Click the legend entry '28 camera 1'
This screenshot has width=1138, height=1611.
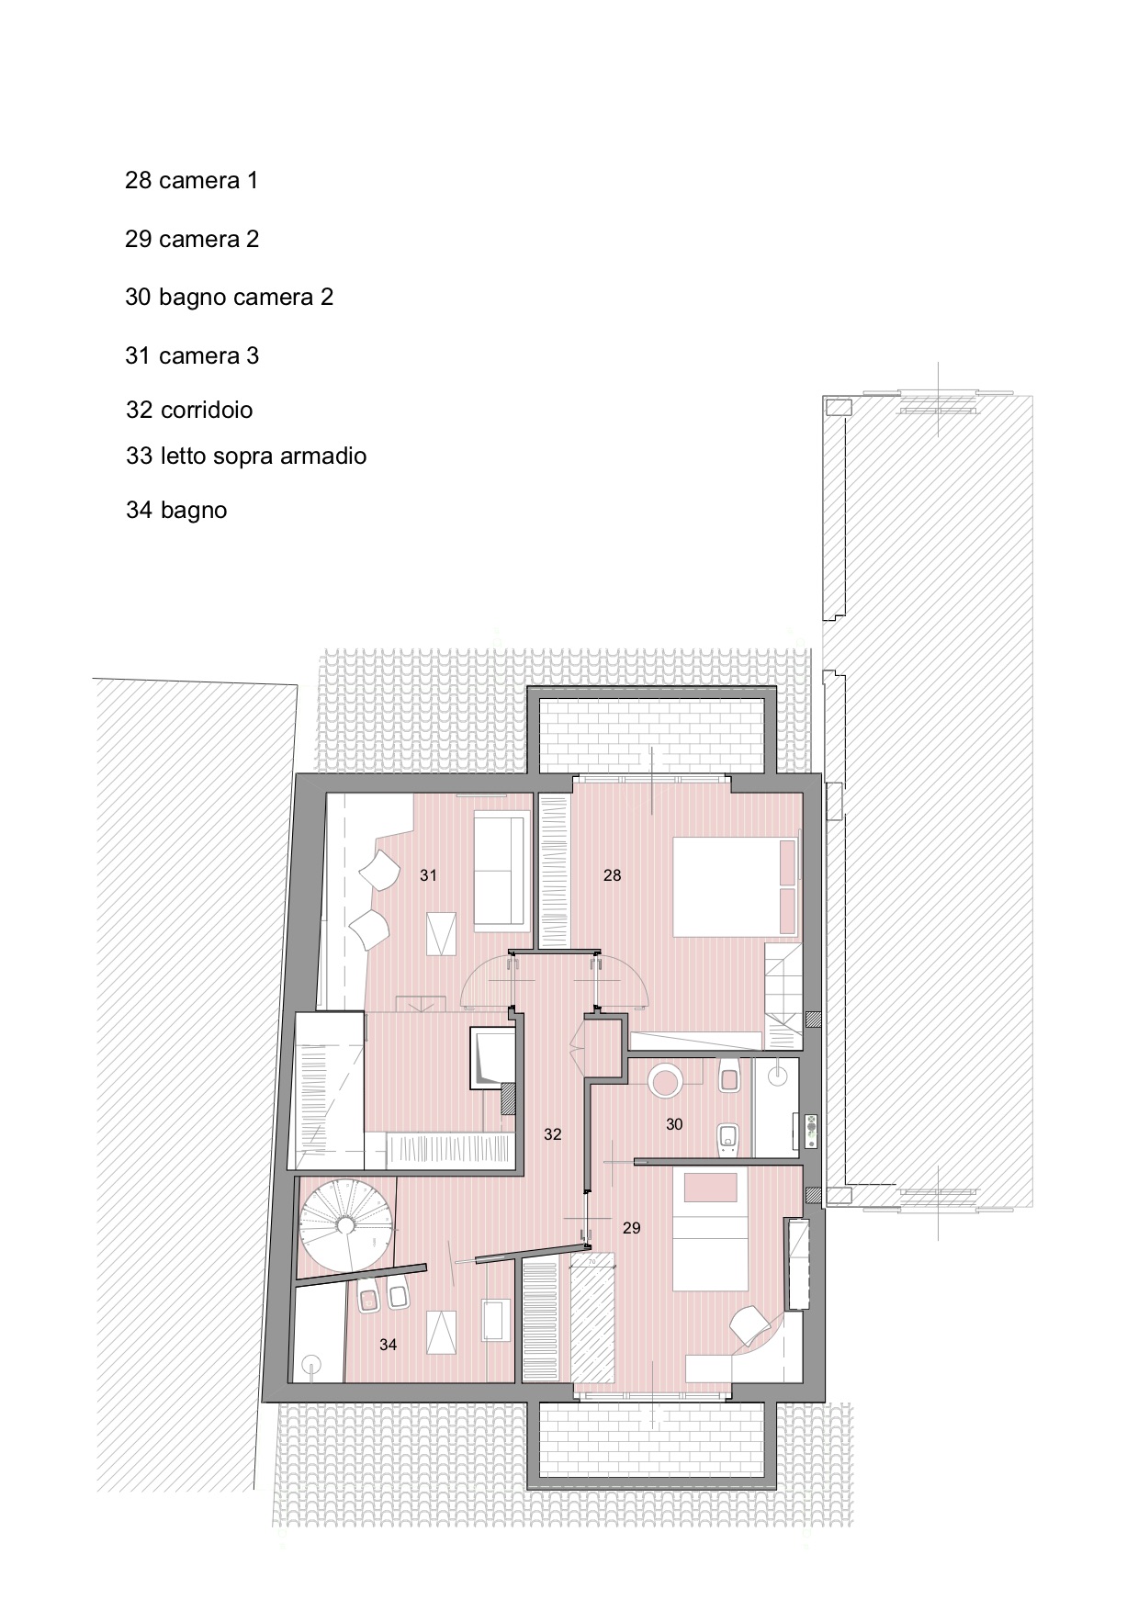tap(191, 180)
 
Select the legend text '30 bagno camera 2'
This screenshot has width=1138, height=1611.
tap(229, 297)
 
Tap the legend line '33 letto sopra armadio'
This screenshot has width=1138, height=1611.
tap(246, 456)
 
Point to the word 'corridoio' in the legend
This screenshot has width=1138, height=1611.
tap(207, 410)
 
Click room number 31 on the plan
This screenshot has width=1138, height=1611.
tap(428, 875)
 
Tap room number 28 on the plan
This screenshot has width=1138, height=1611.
tap(612, 875)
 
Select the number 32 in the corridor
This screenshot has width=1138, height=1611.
tap(552, 1134)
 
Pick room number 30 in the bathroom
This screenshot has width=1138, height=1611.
tap(674, 1124)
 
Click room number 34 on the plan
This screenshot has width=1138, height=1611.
tap(388, 1345)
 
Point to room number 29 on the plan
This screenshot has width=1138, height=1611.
tap(631, 1228)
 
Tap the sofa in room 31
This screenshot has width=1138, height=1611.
tap(502, 868)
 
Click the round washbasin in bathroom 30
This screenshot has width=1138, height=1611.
tap(665, 1079)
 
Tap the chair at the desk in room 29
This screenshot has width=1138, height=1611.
tap(753, 1326)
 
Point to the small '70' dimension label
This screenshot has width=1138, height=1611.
tap(592, 1263)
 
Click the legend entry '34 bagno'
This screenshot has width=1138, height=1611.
tap(176, 510)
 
